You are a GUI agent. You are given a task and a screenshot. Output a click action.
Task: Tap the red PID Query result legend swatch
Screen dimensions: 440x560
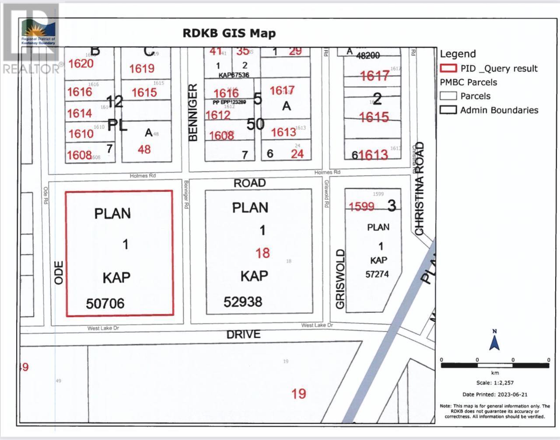(448, 68)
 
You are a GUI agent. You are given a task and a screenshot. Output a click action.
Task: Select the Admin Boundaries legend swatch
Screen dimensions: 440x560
(448, 110)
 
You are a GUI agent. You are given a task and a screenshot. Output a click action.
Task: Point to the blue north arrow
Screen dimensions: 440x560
(495, 341)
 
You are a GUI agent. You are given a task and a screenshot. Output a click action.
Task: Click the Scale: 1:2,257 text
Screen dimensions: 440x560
(495, 383)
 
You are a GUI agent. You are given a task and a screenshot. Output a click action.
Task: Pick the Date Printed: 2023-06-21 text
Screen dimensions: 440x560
(495, 394)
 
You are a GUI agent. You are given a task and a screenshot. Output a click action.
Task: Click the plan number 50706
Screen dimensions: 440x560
(105, 303)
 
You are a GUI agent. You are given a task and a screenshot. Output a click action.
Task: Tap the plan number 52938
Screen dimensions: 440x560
(243, 301)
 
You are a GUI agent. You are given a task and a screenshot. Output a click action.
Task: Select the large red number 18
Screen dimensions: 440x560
(262, 253)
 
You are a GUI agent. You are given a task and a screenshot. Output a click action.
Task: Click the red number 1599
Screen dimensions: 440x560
(361, 206)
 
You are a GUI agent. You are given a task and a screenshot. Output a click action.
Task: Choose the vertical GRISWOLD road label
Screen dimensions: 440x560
(341, 279)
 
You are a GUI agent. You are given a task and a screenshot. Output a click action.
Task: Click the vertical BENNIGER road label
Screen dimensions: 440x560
(193, 113)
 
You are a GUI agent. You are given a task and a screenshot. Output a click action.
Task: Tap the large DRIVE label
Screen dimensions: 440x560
(243, 335)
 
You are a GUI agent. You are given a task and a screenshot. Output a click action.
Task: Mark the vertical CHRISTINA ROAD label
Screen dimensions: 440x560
(420, 189)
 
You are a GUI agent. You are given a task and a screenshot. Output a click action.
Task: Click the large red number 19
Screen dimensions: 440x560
(299, 394)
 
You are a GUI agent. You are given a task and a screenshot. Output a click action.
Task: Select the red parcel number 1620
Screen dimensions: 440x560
(81, 64)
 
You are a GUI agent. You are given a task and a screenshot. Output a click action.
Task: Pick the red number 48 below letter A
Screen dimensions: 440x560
(144, 149)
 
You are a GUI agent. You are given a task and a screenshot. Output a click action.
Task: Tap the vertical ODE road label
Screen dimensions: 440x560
(59, 273)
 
